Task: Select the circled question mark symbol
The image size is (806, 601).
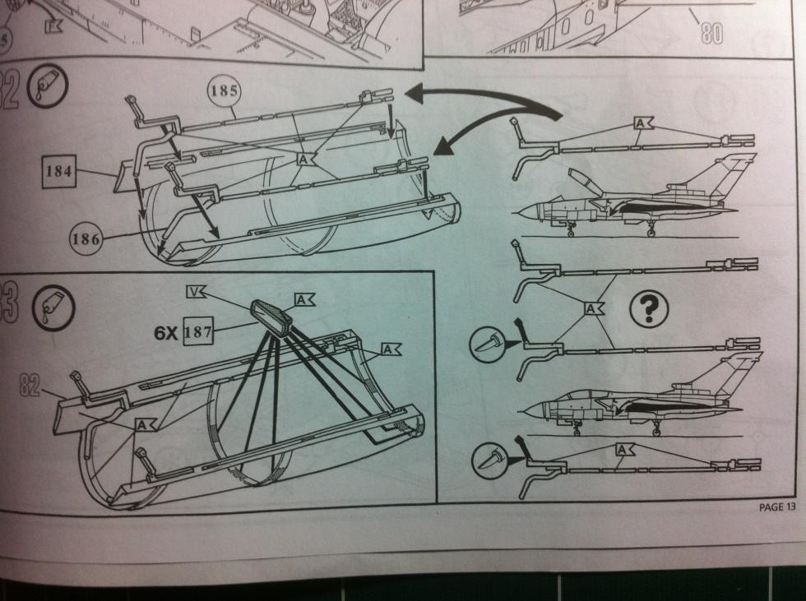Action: click(x=648, y=310)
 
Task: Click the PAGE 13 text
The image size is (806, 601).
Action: click(x=776, y=507)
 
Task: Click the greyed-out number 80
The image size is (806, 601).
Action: click(x=711, y=32)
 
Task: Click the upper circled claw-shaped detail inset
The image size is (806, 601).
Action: click(x=490, y=341)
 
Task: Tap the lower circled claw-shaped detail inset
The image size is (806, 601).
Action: click(x=490, y=460)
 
